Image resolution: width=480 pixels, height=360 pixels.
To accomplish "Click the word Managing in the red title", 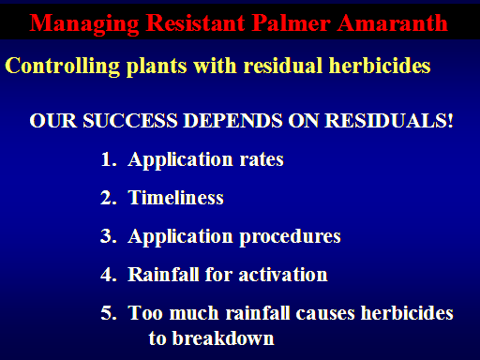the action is [x=84, y=24].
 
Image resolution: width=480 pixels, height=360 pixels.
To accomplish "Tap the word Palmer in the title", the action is [x=292, y=22].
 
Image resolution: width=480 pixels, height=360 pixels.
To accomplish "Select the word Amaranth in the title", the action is [x=393, y=22].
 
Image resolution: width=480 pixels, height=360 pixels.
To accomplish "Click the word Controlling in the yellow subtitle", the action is [x=63, y=67].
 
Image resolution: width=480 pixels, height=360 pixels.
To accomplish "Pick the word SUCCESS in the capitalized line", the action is [x=130, y=120].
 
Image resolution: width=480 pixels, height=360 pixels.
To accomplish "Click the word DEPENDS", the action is [x=232, y=120].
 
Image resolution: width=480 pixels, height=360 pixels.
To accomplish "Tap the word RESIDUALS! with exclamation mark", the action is [x=389, y=120].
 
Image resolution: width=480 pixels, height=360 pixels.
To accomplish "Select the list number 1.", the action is [x=109, y=159].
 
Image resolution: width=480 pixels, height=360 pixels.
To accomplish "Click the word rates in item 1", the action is [x=262, y=160].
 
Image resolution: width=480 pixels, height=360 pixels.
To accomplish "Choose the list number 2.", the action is [x=109, y=198].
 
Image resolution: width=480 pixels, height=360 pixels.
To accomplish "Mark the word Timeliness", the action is [x=176, y=198].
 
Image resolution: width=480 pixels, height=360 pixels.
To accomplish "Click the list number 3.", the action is [x=109, y=236].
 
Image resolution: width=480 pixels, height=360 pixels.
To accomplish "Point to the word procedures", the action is [x=290, y=237].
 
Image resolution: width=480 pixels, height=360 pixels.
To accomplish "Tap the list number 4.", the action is [x=109, y=275].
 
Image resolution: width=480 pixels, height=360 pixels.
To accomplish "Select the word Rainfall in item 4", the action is [x=163, y=275].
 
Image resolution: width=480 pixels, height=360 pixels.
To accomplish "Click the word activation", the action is [x=283, y=275].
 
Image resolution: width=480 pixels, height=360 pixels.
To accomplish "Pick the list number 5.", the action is [x=109, y=313].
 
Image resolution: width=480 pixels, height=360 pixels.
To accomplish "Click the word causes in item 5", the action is [x=325, y=314].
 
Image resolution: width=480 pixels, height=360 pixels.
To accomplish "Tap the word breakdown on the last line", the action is [x=223, y=338].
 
